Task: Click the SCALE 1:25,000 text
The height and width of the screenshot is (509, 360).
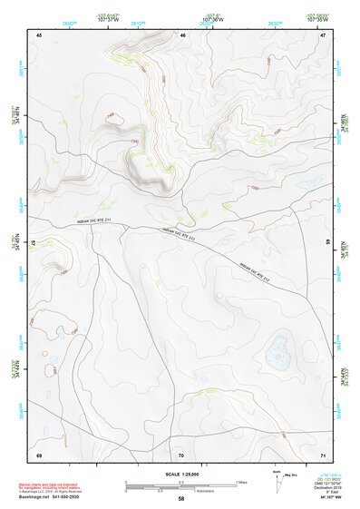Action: point(180,475)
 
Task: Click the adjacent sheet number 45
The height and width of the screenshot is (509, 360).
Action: point(39,35)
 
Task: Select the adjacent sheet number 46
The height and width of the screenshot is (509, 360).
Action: point(182,35)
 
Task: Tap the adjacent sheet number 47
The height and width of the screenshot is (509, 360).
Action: point(323,35)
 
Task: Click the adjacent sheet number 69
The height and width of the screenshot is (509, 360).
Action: point(39,454)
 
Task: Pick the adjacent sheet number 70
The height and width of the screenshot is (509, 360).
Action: point(181,454)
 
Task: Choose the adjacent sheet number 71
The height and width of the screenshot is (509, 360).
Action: point(323,454)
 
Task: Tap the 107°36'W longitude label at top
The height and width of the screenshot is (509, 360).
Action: point(213,17)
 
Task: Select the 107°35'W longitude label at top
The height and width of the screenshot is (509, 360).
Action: point(316,17)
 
